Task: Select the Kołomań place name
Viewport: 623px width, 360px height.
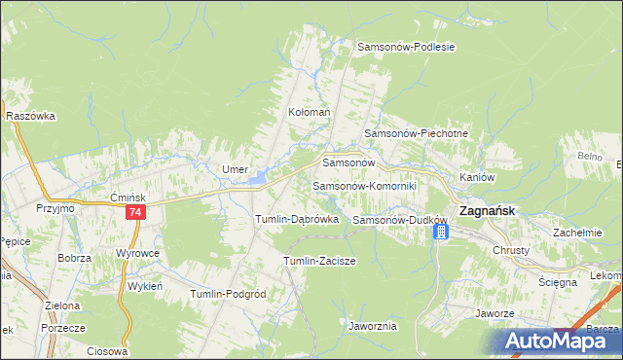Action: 310,112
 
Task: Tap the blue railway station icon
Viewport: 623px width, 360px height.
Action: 440,232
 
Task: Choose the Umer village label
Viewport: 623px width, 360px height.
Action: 235,169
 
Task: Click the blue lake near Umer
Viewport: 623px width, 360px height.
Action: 258,178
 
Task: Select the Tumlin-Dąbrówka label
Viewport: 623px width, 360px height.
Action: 296,220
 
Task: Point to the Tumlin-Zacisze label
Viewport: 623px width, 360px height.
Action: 318,261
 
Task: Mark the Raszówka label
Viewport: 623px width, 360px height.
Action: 30,115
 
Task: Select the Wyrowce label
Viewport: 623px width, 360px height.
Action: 137,252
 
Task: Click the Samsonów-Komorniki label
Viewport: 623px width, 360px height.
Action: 364,185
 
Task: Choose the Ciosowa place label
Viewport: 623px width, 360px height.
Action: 107,351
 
